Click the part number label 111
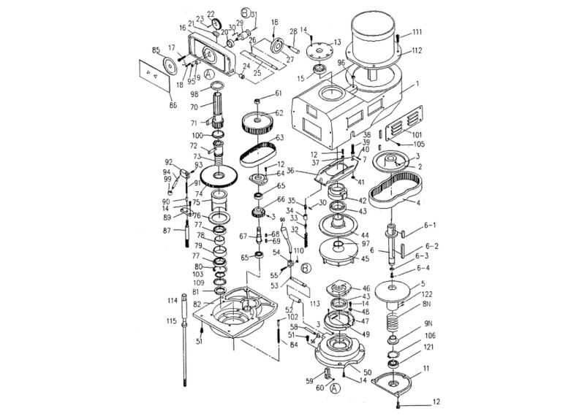coord(417,32)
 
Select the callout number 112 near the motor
coord(417,50)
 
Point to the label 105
coord(418,144)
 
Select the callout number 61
coord(278,93)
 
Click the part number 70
coord(195,107)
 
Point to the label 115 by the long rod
coord(171,321)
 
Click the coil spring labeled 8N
coord(395,320)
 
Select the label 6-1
coord(431,226)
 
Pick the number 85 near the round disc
coord(155,50)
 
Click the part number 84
coord(294,345)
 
